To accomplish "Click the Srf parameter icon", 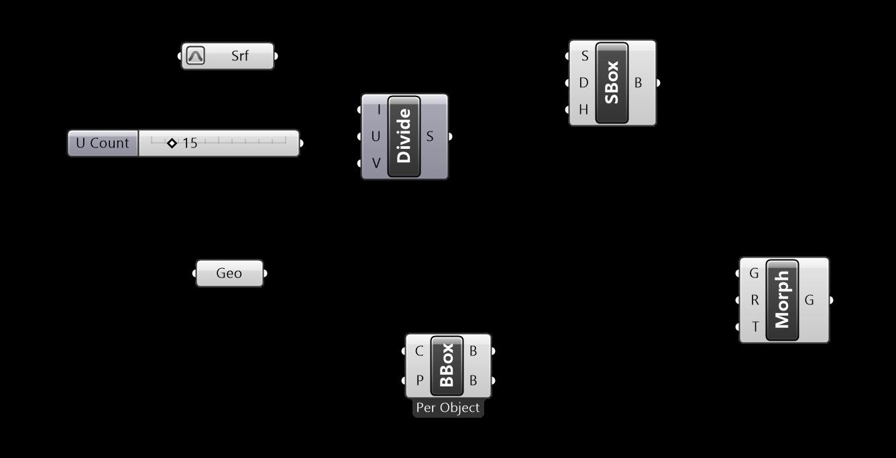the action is [x=195, y=56].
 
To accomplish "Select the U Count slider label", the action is [x=103, y=144].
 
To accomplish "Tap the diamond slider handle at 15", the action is [x=172, y=143].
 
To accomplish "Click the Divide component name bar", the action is [x=404, y=137].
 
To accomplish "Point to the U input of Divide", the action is [x=375, y=137].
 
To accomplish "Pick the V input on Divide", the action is [x=375, y=163].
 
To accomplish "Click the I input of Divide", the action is [x=377, y=110].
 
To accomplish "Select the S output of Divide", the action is [x=431, y=137].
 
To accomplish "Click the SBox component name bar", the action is [x=612, y=83].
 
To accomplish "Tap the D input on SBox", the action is [x=583, y=83].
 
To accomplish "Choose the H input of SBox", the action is [x=583, y=109].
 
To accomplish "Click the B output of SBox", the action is [x=638, y=83].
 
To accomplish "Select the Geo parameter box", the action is [x=229, y=274].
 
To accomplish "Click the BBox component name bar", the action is [x=447, y=365].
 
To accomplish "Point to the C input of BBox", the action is [x=419, y=351].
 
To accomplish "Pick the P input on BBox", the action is [x=419, y=381].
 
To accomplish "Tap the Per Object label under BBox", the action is [x=447, y=408].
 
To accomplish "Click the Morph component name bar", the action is [x=782, y=300].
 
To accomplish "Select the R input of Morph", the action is [x=754, y=300].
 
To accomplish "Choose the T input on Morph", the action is [x=754, y=327].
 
